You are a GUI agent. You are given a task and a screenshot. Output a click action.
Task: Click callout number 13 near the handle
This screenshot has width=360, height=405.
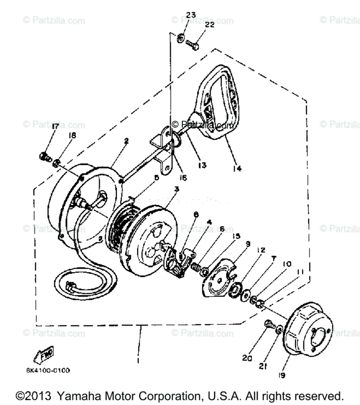click(x=202, y=165)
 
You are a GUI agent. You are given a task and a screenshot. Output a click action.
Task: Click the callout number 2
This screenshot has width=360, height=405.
click(x=126, y=141)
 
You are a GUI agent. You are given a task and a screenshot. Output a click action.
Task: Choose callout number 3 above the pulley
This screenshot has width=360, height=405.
click(x=176, y=189)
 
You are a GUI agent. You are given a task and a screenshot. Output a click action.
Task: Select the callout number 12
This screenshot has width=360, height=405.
click(x=261, y=250)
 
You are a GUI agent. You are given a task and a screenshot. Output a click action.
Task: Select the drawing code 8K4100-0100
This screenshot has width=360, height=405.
click(x=48, y=371)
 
